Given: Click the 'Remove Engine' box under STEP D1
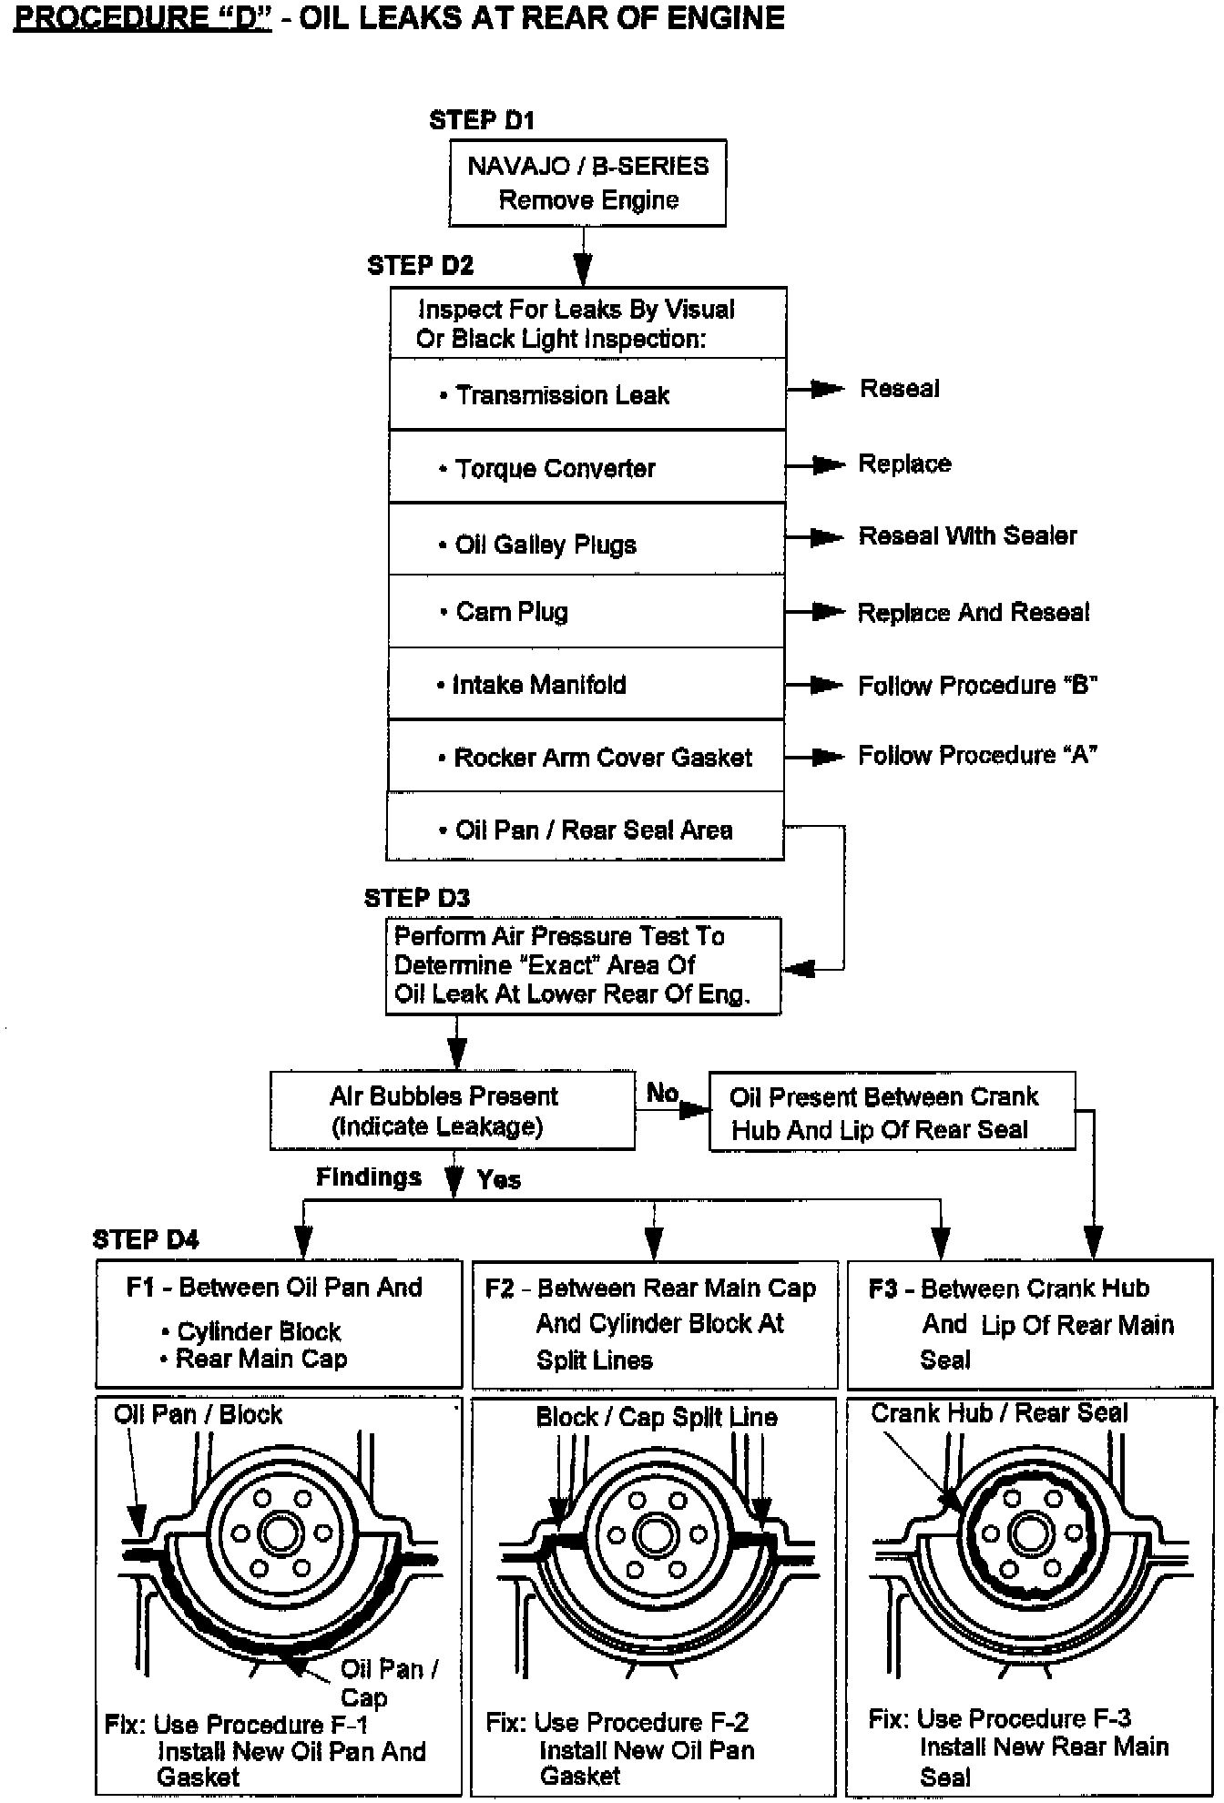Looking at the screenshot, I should tap(587, 183).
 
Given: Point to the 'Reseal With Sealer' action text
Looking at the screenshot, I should tap(967, 535).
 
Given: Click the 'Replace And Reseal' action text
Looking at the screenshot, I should tap(973, 612).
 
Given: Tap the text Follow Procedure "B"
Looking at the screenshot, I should tap(977, 685).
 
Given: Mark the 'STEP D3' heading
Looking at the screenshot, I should tap(417, 898).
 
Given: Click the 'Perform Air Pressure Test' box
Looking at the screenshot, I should tap(583, 965).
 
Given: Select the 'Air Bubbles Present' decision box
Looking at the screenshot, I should tap(452, 1110).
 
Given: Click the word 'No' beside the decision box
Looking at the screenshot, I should tap(662, 1092).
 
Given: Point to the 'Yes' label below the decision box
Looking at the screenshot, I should tap(499, 1179).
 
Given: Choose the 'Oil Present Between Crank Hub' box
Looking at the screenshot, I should tap(892, 1112).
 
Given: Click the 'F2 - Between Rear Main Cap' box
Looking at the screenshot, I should tap(654, 1323).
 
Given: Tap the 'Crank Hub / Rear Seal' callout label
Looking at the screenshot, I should tap(999, 1412).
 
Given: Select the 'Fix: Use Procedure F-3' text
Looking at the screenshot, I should tap(999, 1718).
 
